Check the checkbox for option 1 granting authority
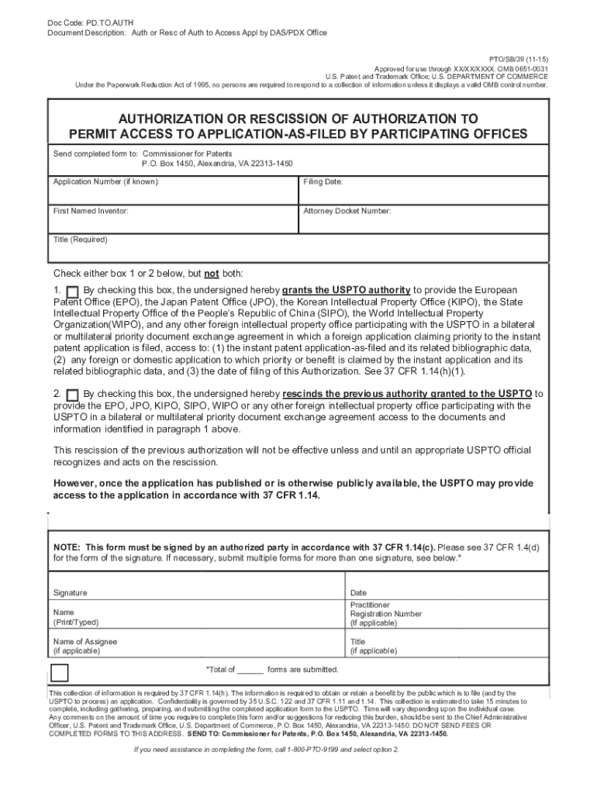click(x=73, y=291)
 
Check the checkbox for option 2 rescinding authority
click(x=73, y=395)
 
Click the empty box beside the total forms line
click(x=60, y=672)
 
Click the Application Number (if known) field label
click(x=106, y=181)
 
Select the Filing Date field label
click(x=323, y=181)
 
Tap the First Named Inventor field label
click(x=91, y=211)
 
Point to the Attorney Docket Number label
click(x=347, y=211)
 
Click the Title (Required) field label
click(x=80, y=240)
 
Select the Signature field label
click(x=70, y=593)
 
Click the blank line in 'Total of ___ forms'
click(x=250, y=669)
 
